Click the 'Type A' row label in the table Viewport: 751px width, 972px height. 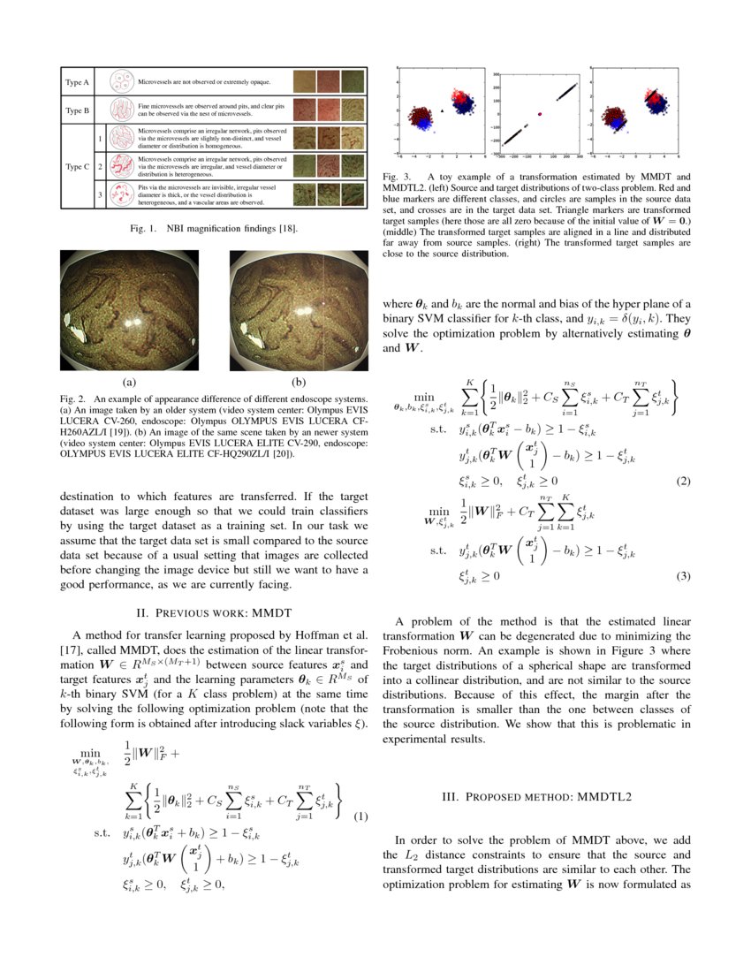pos(77,83)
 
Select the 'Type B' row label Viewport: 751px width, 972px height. pos(77,110)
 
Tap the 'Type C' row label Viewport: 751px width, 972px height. pos(77,165)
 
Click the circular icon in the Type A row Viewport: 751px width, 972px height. pos(121,83)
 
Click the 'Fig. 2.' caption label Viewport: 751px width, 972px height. pos(74,399)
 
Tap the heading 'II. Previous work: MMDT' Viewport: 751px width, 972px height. pos(211,611)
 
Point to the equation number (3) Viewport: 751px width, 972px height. pos(683,576)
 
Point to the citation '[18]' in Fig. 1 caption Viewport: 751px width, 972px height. pos(286,230)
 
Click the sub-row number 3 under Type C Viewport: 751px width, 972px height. pos(101,194)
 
